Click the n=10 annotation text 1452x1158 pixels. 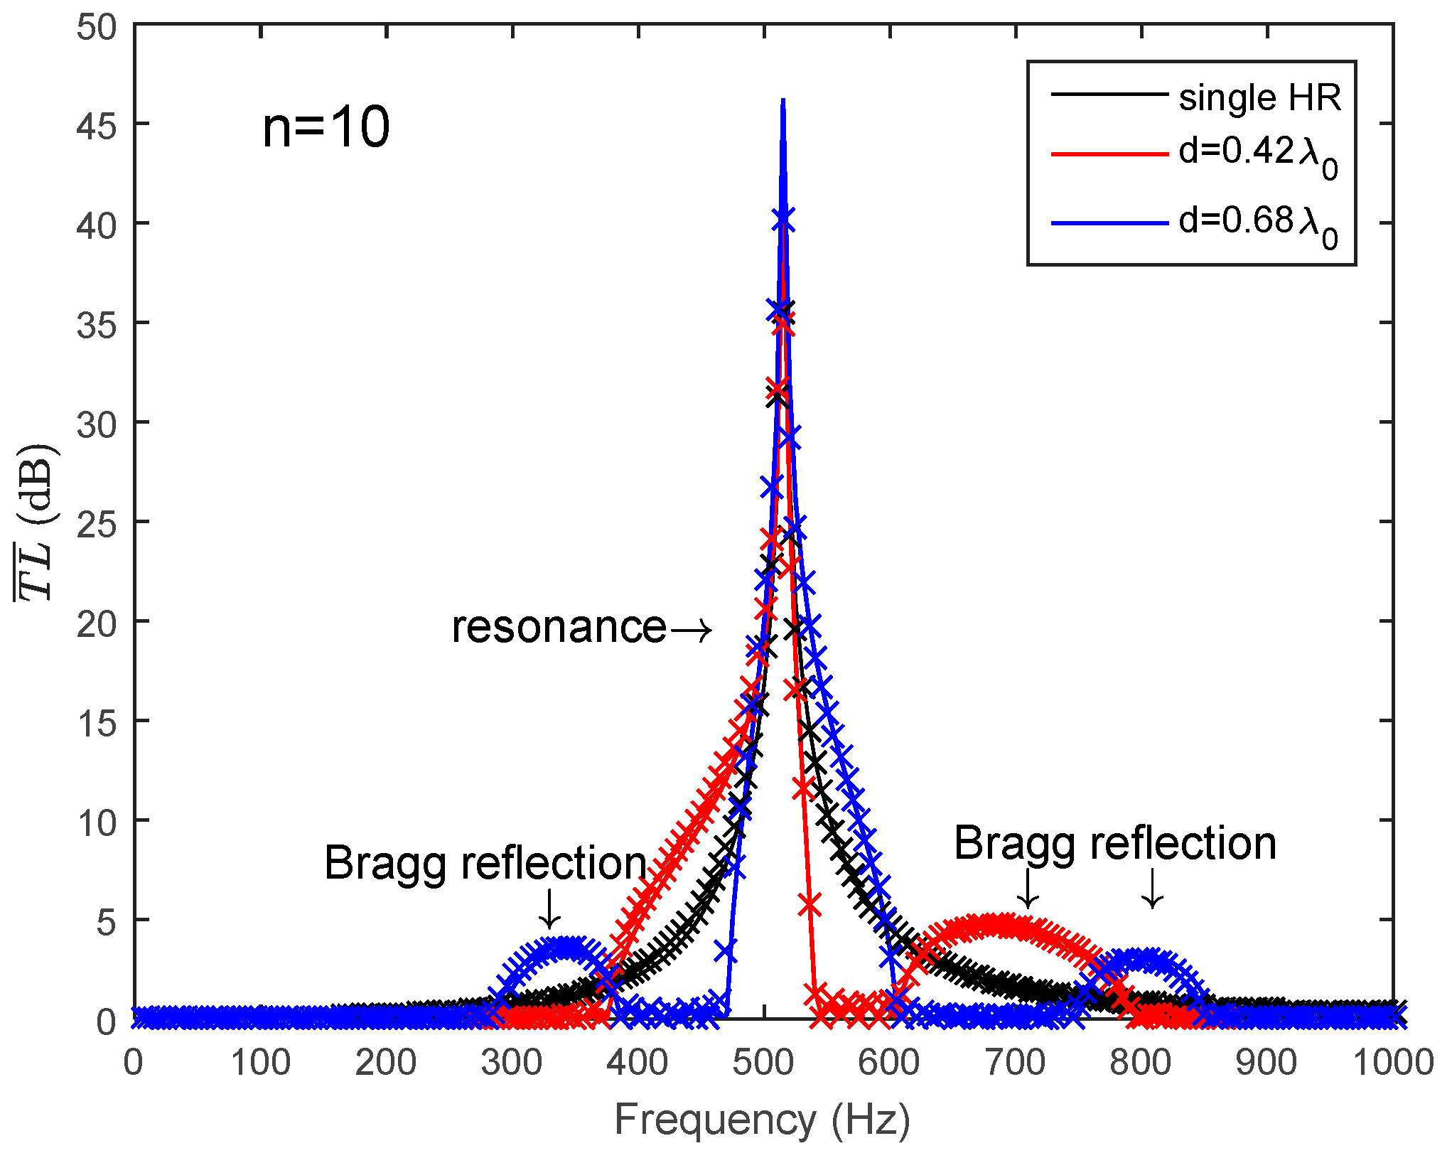click(x=326, y=128)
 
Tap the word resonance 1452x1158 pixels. click(x=559, y=628)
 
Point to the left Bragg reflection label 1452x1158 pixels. click(x=485, y=864)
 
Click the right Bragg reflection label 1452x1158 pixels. click(x=1114, y=844)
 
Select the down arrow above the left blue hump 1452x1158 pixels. click(x=549, y=908)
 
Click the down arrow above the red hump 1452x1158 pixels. click(x=1028, y=889)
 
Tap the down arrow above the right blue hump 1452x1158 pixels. click(x=1153, y=889)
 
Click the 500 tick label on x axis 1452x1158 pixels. click(x=763, y=1063)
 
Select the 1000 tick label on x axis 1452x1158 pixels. click(x=1392, y=1063)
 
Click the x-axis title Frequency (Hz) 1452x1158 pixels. click(x=762, y=1121)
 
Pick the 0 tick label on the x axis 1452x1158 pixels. click(x=134, y=1063)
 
